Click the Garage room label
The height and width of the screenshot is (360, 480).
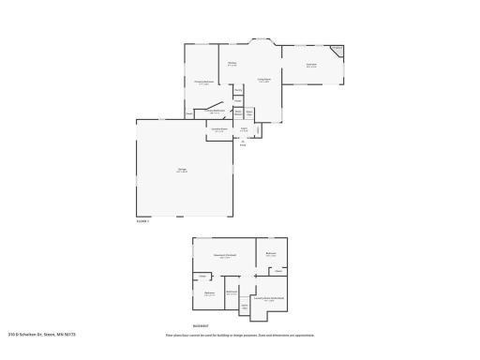click(182, 170)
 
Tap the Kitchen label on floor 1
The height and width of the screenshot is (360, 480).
click(232, 64)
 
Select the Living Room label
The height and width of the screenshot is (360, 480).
click(264, 81)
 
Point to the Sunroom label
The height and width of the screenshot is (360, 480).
click(310, 66)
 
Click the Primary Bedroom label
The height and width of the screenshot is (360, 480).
click(204, 82)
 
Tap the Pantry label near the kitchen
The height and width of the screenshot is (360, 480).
click(238, 90)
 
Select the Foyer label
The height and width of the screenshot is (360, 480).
click(243, 128)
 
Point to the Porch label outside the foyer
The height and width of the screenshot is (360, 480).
click(243, 143)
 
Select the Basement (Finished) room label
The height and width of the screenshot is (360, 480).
click(224, 255)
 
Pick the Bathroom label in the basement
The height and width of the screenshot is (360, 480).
click(232, 292)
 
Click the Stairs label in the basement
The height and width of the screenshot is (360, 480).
click(245, 306)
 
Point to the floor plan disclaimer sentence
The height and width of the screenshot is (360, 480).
click(239, 335)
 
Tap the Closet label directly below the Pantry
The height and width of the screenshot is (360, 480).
click(238, 100)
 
